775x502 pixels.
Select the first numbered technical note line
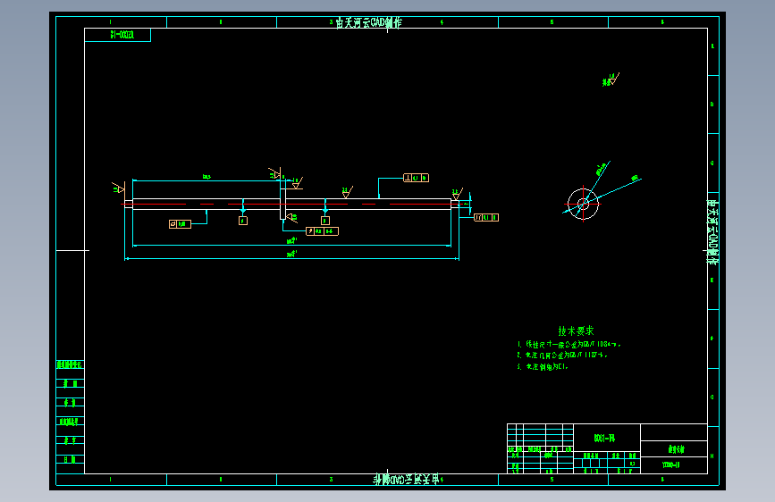(x=569, y=344)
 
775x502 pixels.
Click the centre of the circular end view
(x=583, y=204)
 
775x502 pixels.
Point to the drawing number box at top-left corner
(x=117, y=35)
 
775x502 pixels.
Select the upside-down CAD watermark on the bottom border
(x=406, y=480)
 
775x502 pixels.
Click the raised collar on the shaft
(x=283, y=203)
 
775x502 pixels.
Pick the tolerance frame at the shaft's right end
(x=485, y=217)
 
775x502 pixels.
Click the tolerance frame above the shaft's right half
(x=416, y=178)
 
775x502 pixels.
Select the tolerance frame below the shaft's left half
(x=179, y=223)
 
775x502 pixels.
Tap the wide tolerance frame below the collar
(x=322, y=231)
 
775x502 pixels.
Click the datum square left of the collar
(x=242, y=220)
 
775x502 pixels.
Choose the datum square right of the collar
(x=324, y=220)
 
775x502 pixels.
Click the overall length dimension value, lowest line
(x=291, y=254)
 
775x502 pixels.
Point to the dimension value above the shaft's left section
(x=206, y=177)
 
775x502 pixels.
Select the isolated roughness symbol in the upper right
(x=610, y=79)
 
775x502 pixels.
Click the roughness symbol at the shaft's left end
(x=117, y=188)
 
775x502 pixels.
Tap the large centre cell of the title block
(x=605, y=437)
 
